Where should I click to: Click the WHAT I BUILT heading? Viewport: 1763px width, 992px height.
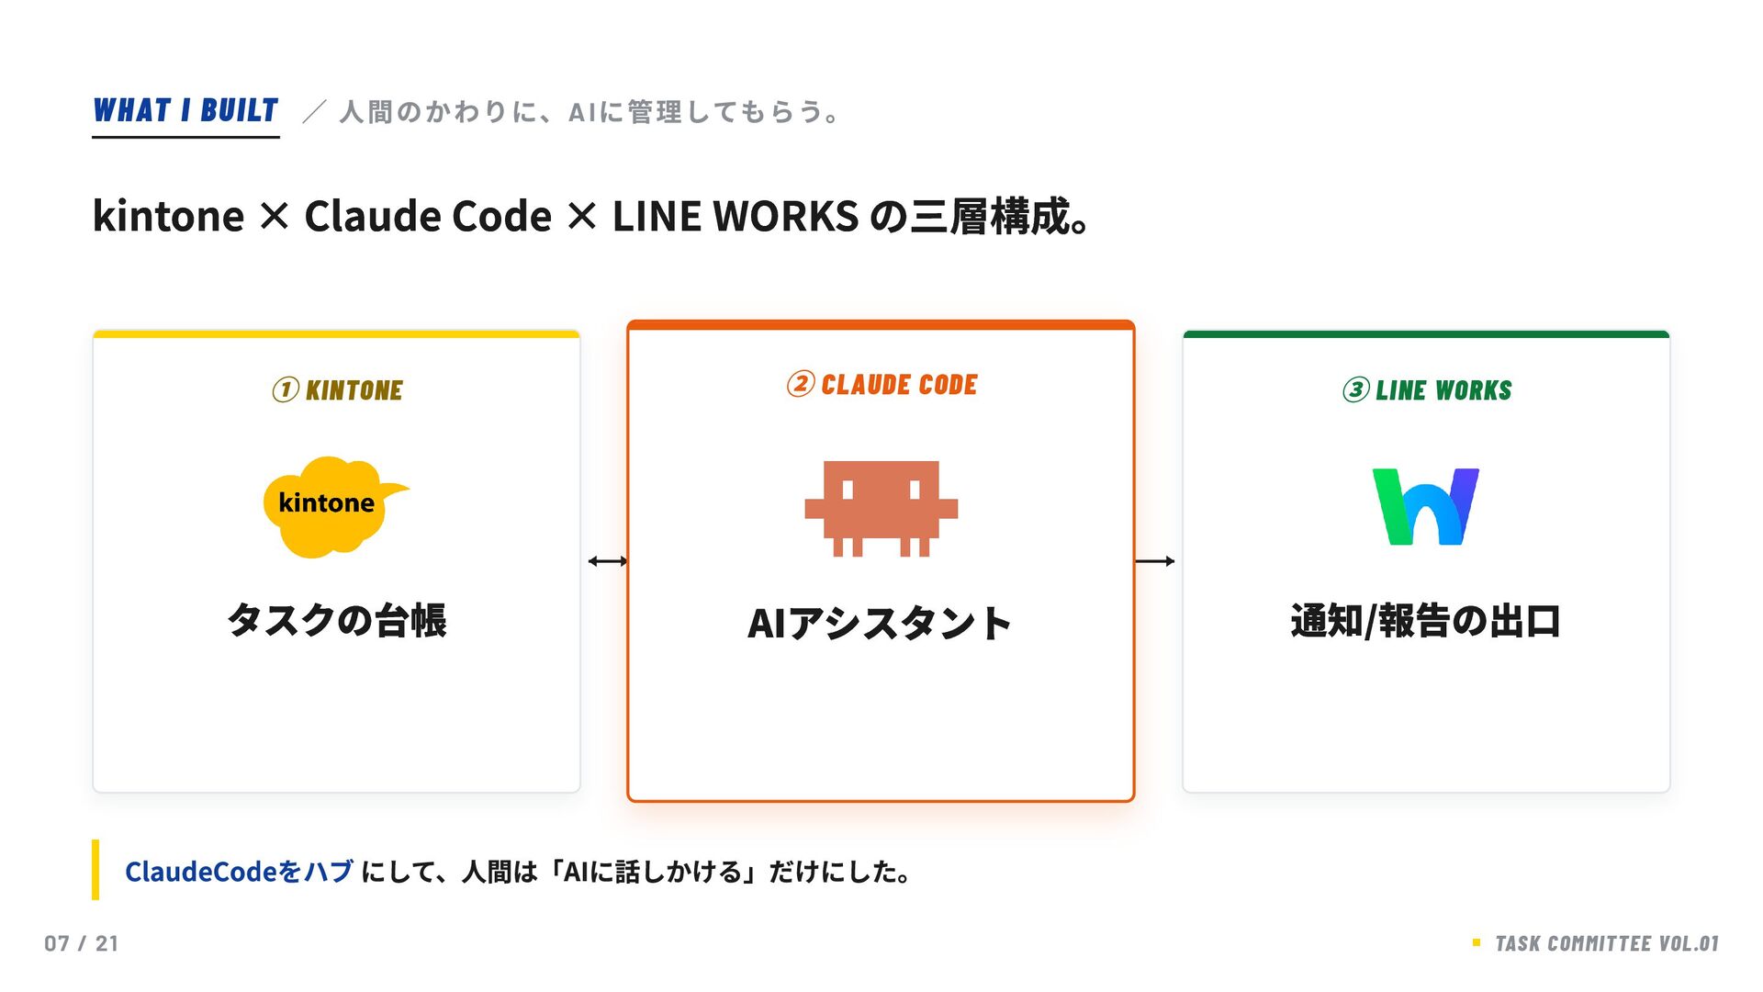click(x=185, y=111)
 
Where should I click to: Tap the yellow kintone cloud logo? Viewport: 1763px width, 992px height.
click(x=331, y=506)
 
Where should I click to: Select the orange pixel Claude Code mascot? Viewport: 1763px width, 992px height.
click(x=881, y=507)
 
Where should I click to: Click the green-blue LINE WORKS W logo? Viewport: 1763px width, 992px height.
click(x=1425, y=506)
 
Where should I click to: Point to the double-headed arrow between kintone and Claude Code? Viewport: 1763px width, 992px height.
click(x=607, y=561)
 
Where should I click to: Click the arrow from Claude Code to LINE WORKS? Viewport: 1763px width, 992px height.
click(x=1154, y=561)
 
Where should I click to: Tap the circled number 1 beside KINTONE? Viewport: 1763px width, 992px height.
click(x=286, y=390)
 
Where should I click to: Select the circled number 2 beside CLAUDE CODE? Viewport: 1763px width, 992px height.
click(x=800, y=384)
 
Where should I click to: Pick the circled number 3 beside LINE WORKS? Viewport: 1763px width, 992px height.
click(x=1355, y=390)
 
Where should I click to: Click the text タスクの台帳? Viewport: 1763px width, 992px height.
click(x=336, y=621)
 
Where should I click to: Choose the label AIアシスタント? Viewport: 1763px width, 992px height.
click(x=880, y=624)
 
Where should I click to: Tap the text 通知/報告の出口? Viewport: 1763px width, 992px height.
click(x=1425, y=621)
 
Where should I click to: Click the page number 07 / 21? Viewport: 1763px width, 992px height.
click(x=82, y=943)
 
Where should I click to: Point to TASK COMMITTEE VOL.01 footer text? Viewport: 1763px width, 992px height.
click(x=1606, y=943)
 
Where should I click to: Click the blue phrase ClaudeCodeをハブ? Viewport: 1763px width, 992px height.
click(x=239, y=872)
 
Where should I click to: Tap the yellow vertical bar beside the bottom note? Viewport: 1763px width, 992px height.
click(x=95, y=869)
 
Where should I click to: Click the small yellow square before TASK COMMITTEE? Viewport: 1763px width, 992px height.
click(x=1477, y=942)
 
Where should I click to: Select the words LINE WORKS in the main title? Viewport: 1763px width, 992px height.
click(x=735, y=217)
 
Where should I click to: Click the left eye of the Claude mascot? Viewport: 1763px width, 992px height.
click(x=848, y=490)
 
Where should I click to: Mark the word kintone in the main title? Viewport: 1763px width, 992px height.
click(x=169, y=217)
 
